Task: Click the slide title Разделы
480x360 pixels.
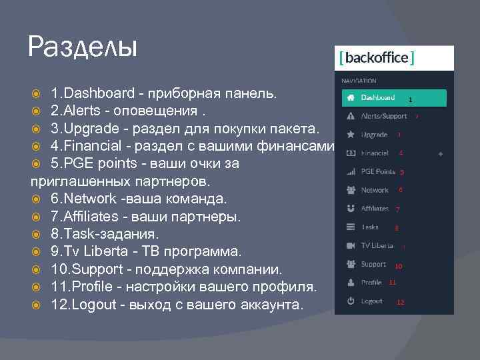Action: point(83,47)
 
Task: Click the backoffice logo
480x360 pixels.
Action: point(377,58)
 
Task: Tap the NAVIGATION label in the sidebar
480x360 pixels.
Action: point(359,81)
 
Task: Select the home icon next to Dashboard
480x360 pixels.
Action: point(351,97)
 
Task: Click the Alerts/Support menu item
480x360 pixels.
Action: point(383,116)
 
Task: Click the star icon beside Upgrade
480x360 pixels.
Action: point(351,135)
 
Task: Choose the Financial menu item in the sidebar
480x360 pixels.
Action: point(375,153)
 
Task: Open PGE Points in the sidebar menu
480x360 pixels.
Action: point(377,171)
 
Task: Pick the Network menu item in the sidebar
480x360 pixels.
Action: point(375,190)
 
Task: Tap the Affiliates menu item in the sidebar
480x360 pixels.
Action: point(375,209)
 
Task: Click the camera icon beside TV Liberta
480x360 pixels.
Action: point(351,245)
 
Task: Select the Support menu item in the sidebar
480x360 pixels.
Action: point(373,264)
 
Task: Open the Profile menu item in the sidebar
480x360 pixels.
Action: point(371,283)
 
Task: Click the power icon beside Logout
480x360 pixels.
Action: point(351,301)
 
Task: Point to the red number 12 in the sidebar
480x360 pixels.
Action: point(401,303)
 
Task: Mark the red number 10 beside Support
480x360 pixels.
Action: point(398,267)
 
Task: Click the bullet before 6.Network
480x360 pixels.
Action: point(37,199)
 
